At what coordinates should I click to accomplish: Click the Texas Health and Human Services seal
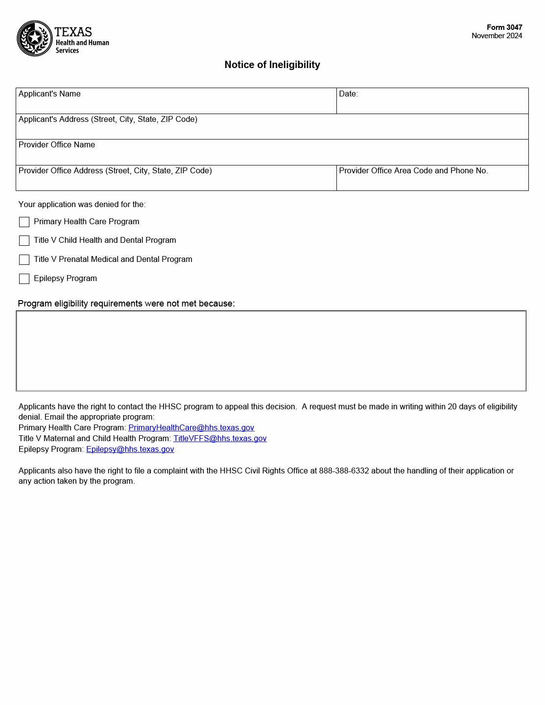(x=35, y=38)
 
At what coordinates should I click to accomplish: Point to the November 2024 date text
(x=497, y=36)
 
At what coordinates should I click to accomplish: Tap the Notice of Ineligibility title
(x=272, y=65)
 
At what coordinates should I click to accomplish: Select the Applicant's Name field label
(x=49, y=94)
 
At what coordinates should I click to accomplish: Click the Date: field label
(x=348, y=94)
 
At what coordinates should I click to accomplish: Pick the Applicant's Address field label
(x=108, y=119)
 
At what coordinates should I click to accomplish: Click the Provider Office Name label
(x=57, y=145)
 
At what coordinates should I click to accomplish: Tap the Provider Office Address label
(x=115, y=171)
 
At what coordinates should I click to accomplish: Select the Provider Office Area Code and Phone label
(x=413, y=171)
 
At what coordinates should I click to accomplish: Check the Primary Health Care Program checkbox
(x=24, y=222)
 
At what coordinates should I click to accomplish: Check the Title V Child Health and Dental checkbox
(x=24, y=241)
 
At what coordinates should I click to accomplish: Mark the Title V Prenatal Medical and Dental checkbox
(x=24, y=260)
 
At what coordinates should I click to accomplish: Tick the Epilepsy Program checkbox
(x=24, y=279)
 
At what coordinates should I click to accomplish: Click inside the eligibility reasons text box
(x=271, y=351)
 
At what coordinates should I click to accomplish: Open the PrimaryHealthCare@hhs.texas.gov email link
(x=191, y=428)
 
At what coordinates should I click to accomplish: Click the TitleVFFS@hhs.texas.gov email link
(x=220, y=439)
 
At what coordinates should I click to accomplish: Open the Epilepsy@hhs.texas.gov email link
(x=130, y=449)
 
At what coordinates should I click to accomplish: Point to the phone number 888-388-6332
(x=344, y=471)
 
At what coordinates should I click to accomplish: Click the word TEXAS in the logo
(x=73, y=32)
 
